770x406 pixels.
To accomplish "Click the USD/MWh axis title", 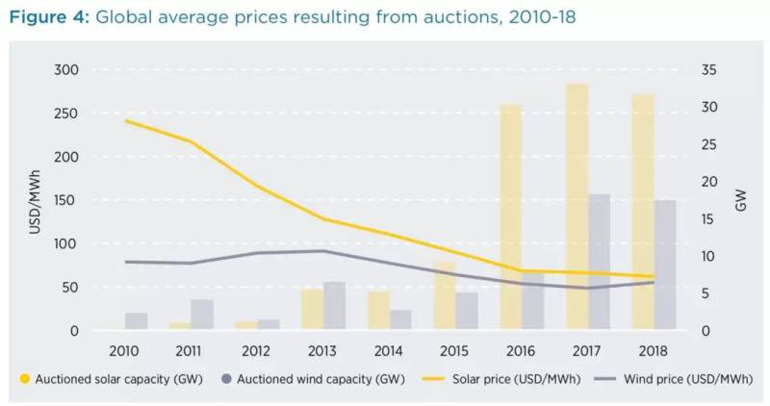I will [x=36, y=200].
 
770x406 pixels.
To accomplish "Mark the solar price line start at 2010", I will [x=126, y=120].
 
